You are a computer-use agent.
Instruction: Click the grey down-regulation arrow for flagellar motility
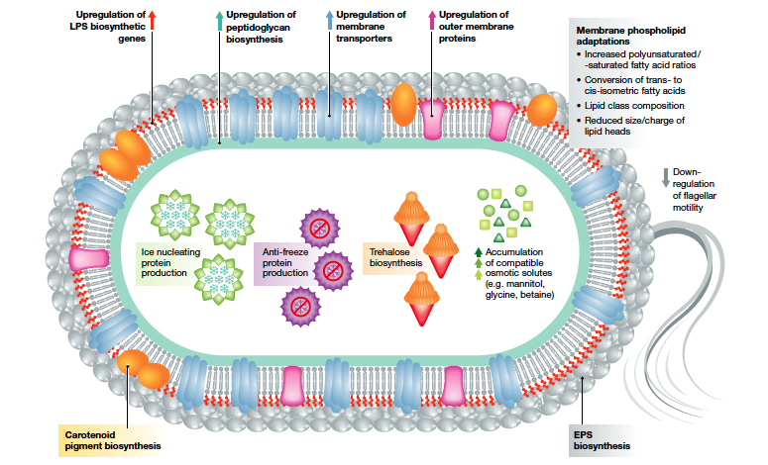665,178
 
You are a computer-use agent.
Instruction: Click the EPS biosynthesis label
599,438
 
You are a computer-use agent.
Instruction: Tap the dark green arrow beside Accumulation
478,251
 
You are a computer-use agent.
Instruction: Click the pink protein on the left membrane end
90,258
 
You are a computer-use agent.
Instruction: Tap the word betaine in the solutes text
535,295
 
